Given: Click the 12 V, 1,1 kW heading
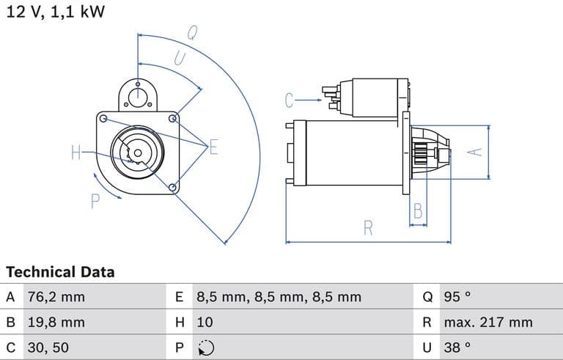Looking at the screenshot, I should pyautogui.click(x=55, y=12).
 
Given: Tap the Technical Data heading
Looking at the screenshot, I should pyautogui.click(x=60, y=272).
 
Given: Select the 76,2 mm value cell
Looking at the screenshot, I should pyautogui.click(x=56, y=297).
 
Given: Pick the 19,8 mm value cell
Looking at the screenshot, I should pyautogui.click(x=56, y=322).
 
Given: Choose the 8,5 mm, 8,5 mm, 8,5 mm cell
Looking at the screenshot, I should pyautogui.click(x=279, y=297).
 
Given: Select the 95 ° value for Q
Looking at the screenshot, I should pyautogui.click(x=457, y=297).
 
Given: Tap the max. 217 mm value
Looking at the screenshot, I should pyautogui.click(x=488, y=322).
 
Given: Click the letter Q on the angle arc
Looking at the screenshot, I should pyautogui.click(x=193, y=32).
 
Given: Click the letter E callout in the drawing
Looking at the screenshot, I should pyautogui.click(x=214, y=147).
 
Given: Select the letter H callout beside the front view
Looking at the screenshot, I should pyautogui.click(x=76, y=153).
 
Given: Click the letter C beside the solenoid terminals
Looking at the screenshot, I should pyautogui.click(x=289, y=100).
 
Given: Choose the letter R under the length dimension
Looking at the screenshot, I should pyautogui.click(x=368, y=228).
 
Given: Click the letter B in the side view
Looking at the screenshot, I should pyautogui.click(x=418, y=212).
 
